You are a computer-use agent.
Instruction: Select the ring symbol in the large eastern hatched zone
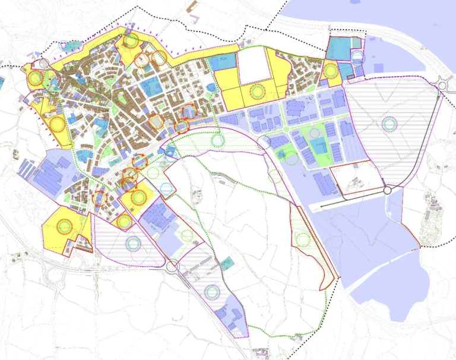[389, 124]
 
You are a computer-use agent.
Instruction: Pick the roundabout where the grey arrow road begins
[388, 190]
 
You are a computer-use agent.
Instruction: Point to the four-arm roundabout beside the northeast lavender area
[441, 85]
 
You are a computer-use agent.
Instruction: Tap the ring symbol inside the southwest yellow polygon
[63, 226]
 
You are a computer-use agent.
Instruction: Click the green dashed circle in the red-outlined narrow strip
[303, 239]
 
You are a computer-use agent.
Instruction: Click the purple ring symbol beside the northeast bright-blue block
[357, 58]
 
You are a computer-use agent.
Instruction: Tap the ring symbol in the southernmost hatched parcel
[211, 292]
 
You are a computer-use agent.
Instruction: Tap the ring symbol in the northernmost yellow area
[131, 40]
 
